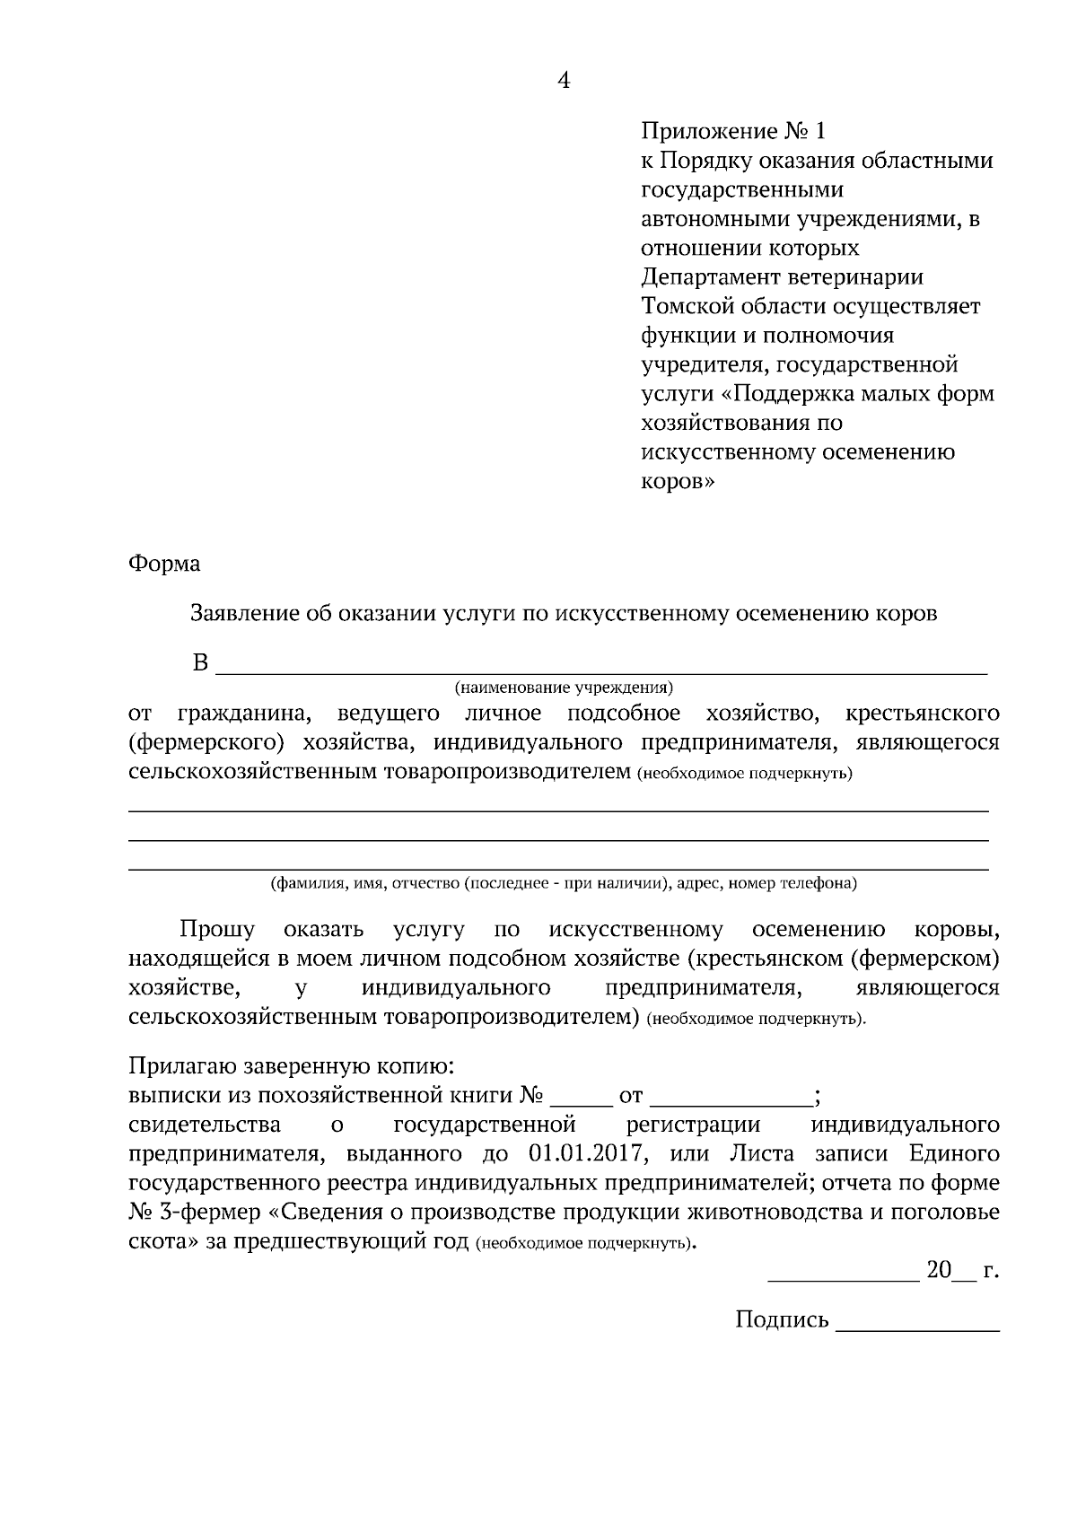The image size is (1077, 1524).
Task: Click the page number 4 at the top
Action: (564, 81)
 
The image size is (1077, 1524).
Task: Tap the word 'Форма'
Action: (164, 564)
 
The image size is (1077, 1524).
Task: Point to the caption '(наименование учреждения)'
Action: (563, 688)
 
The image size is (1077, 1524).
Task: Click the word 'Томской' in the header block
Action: (687, 306)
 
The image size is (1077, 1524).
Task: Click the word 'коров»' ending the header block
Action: (679, 481)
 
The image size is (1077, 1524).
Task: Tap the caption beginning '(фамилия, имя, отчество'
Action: (564, 883)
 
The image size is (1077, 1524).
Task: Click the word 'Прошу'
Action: (216, 929)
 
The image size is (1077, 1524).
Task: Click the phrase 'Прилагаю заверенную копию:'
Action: (292, 1066)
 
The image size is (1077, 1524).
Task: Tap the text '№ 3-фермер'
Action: (195, 1213)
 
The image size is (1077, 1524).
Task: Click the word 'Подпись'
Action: (782, 1319)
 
